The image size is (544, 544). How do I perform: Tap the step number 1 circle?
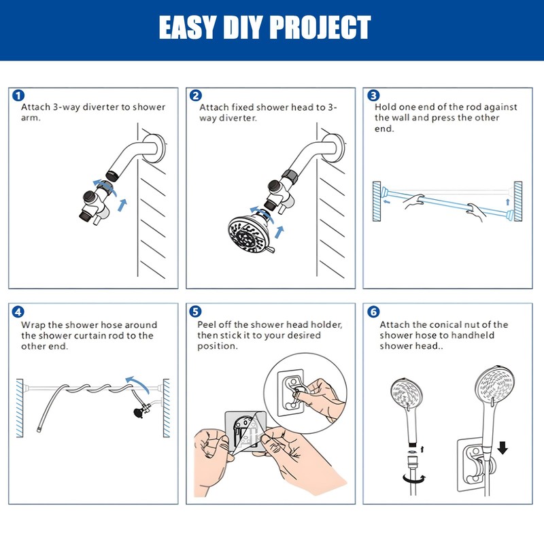point(18,95)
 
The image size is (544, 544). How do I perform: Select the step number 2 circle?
point(196,95)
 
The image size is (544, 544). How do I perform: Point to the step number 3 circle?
point(373,95)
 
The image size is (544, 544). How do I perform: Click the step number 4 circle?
point(18,311)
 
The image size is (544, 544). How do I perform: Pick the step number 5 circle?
point(195,311)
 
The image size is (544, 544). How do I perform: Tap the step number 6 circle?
point(373,311)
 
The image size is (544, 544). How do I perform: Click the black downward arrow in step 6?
point(503,447)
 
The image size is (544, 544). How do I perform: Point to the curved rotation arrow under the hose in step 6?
point(414,479)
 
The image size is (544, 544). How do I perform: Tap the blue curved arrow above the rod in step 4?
point(138,383)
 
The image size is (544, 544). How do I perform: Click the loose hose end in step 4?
point(39,430)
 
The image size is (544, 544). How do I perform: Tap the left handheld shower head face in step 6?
point(407,393)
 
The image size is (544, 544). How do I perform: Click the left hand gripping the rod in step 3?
point(414,201)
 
